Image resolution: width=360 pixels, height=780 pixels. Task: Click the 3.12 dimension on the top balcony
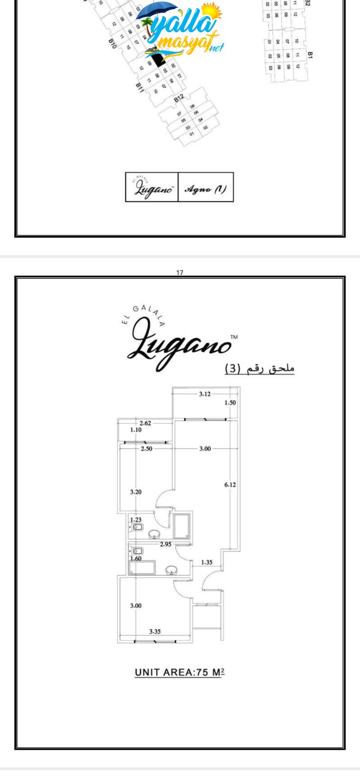tap(205, 394)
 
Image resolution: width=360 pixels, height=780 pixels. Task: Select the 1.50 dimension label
tap(230, 403)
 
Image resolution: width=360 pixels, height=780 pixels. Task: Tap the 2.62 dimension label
tap(145, 423)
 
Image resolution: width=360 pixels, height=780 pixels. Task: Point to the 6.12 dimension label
tap(230, 485)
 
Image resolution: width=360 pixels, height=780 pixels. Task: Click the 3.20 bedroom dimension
tap(136, 492)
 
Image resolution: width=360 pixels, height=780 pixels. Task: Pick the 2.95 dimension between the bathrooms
tap(166, 545)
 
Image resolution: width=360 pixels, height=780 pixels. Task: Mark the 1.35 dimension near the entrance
tap(207, 562)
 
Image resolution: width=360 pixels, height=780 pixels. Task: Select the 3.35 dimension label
tap(155, 631)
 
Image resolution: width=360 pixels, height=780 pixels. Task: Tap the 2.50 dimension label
tap(146, 448)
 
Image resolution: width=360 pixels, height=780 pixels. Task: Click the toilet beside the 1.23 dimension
tap(138, 527)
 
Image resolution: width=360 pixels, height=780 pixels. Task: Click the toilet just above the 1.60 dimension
tap(138, 551)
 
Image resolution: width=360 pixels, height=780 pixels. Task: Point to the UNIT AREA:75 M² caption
tap(180, 672)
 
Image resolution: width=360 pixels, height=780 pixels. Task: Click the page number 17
tap(180, 273)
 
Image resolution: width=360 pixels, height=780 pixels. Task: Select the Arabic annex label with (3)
tap(260, 369)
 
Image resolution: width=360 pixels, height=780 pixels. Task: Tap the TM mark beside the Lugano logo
tap(234, 337)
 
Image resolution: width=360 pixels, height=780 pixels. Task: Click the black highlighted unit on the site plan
tap(158, 60)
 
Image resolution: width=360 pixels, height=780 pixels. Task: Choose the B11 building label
tap(140, 87)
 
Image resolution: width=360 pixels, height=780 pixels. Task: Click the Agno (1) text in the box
tap(205, 188)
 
